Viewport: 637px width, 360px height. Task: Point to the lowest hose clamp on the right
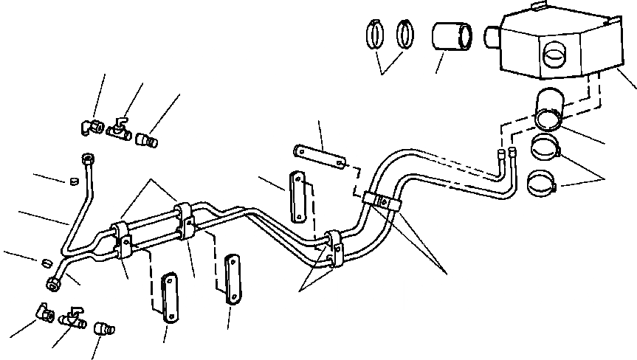pos(544,181)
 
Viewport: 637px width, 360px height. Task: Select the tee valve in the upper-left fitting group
pos(117,130)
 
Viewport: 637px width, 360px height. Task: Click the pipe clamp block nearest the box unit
pos(382,200)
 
